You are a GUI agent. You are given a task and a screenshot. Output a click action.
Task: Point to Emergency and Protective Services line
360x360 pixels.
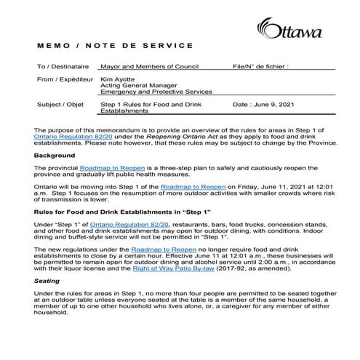pos(156,92)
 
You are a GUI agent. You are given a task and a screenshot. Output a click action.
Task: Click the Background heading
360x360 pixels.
pos(55,156)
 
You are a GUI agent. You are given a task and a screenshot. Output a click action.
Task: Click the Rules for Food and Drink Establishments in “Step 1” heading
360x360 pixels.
pos(124,212)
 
